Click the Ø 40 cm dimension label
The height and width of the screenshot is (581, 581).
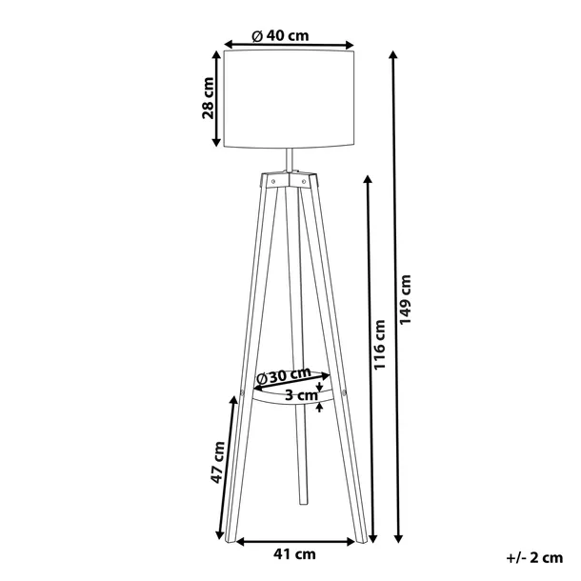click(x=281, y=36)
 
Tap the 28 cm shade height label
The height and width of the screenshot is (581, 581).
click(x=209, y=99)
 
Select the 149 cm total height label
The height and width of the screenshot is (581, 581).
click(x=407, y=300)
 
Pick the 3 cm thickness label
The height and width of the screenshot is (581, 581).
click(x=297, y=394)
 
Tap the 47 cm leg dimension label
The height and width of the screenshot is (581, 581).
click(x=218, y=461)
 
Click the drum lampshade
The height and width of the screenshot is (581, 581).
click(x=290, y=100)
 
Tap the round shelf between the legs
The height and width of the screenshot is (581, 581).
click(x=286, y=401)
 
